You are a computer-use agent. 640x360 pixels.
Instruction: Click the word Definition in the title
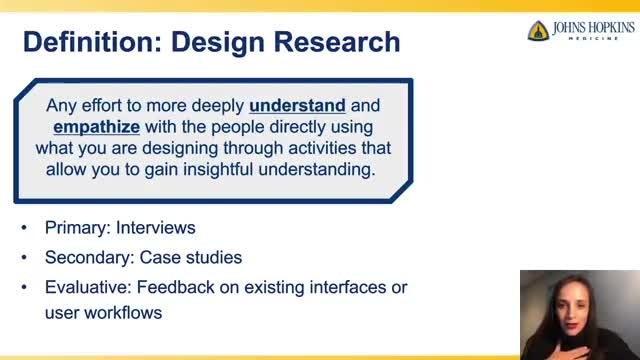point(93,42)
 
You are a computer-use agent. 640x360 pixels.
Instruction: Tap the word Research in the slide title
point(337,42)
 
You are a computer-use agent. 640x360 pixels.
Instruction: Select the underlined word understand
point(298,106)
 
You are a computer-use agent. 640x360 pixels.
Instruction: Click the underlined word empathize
point(97,127)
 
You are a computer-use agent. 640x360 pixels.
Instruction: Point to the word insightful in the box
point(218,169)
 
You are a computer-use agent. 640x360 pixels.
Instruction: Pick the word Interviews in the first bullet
point(156,227)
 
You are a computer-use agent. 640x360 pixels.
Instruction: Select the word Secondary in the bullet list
point(89,258)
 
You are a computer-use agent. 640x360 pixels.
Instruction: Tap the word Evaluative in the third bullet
point(88,287)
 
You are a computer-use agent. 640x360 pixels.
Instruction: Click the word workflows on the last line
point(123,313)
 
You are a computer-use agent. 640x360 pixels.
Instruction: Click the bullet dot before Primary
point(24,228)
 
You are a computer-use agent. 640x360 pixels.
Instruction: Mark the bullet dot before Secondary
point(24,258)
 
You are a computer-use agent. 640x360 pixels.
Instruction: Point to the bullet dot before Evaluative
point(24,287)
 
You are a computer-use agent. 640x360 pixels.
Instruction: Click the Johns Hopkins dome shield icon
point(538,31)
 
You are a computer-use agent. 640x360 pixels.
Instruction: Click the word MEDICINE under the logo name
point(593,38)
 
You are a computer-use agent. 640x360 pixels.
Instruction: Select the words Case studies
point(191,258)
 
